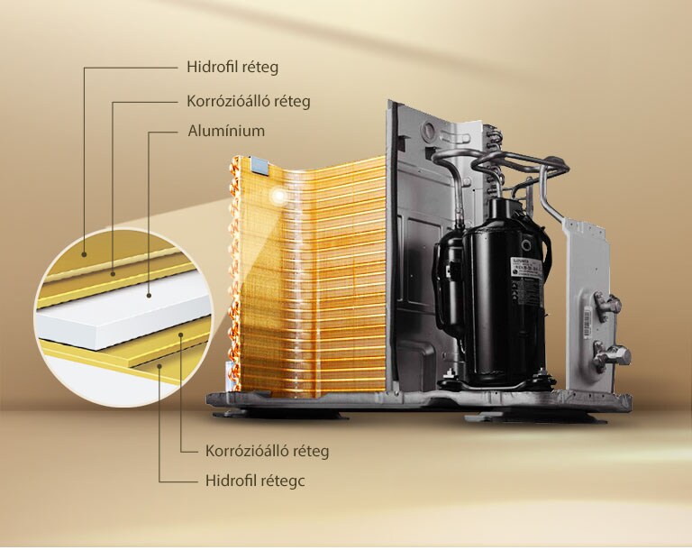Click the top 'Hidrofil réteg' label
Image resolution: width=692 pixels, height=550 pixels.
(232, 68)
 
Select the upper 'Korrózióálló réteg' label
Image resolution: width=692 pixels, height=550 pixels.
(249, 102)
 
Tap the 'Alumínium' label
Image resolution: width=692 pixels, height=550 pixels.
(226, 132)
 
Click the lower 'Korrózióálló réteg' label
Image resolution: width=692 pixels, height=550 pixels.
(267, 452)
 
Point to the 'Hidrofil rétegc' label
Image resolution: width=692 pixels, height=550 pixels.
(255, 481)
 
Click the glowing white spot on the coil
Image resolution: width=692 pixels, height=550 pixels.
(278, 196)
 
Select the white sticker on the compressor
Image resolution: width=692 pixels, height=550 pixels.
(527, 267)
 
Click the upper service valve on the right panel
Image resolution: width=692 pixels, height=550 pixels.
(607, 305)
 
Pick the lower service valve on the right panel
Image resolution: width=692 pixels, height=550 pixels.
(610, 353)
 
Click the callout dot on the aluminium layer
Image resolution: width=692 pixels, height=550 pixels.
(150, 296)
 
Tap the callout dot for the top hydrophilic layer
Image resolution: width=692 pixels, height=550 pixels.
(84, 254)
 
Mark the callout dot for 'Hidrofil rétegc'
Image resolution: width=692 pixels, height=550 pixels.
(159, 366)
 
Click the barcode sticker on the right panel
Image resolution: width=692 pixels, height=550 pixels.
(587, 324)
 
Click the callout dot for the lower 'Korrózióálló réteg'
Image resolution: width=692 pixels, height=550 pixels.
(181, 335)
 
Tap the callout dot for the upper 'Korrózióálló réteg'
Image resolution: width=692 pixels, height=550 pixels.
(113, 274)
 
